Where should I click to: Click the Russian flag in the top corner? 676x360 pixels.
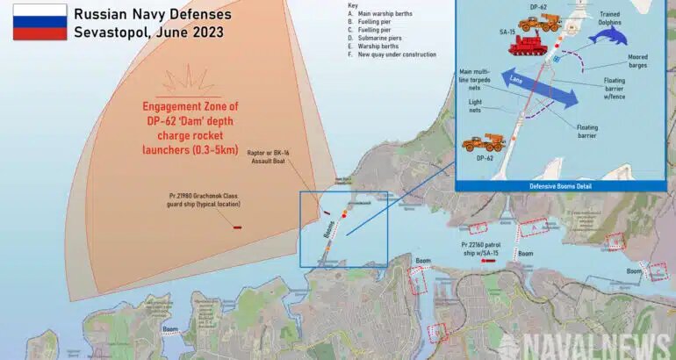click(39, 21)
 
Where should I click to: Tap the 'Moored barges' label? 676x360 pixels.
click(638, 61)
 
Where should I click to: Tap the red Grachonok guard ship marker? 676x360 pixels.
click(237, 227)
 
